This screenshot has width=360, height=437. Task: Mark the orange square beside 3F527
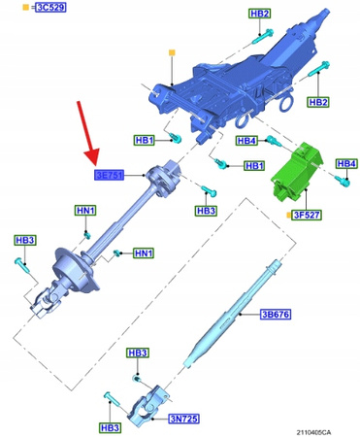point(288,214)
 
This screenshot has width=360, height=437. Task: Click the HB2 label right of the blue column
point(318,102)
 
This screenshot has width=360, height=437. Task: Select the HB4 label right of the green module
point(346,162)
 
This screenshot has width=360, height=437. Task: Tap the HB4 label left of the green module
point(246,141)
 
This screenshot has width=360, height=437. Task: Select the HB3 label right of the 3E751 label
point(206,211)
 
